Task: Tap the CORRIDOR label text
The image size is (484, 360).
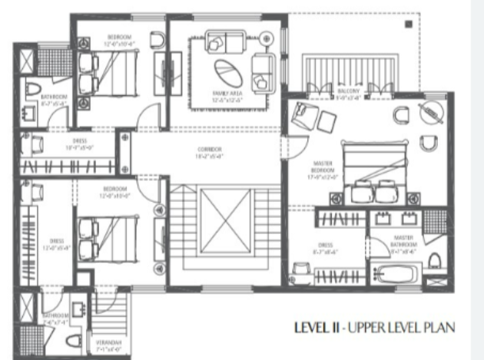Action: pos(208,151)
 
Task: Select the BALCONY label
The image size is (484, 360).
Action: pos(348,94)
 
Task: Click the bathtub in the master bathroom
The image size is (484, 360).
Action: pos(396,274)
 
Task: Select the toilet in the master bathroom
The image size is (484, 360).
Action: pos(436,261)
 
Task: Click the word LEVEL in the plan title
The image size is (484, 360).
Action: pos(310,328)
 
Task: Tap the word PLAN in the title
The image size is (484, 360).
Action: pos(442,328)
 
